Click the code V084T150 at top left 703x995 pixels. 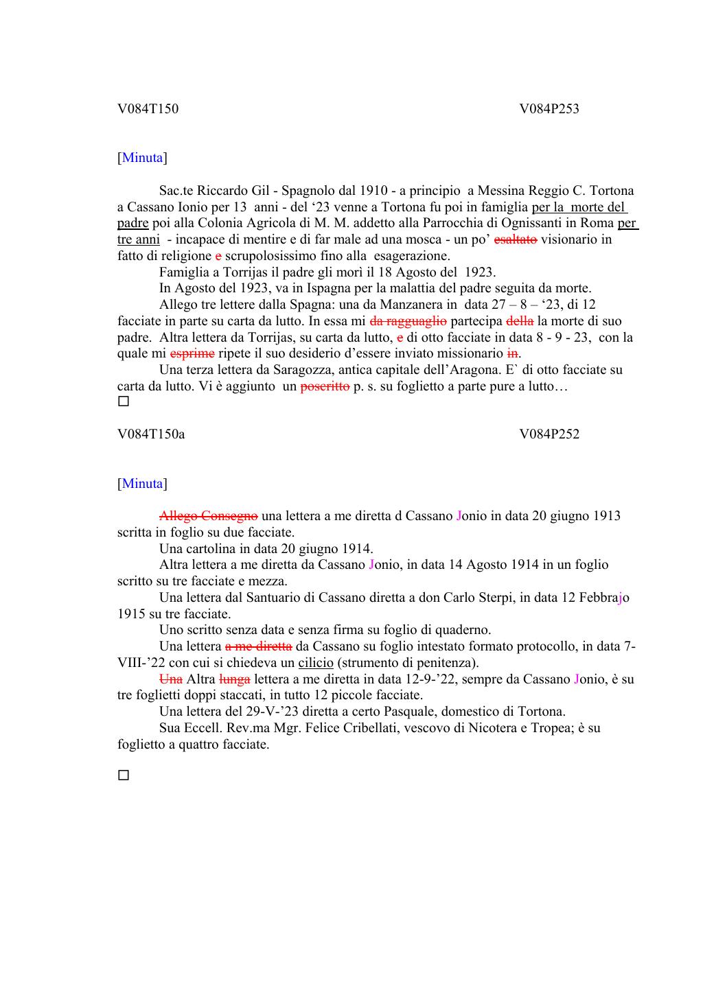148,108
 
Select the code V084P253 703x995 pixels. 549,108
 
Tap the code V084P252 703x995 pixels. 549,434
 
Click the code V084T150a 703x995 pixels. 151,434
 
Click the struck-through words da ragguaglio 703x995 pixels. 408,320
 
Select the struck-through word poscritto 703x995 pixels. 325,386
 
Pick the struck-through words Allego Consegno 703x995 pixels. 209,515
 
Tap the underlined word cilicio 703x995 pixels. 316,663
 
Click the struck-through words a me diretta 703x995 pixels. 259,646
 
